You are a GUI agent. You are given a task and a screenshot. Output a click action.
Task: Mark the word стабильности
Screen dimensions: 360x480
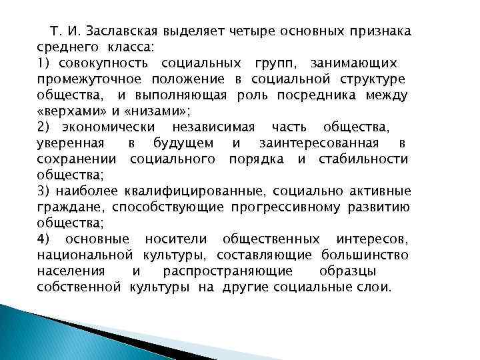[373, 159]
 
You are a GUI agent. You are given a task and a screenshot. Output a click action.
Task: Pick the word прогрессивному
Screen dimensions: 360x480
[286, 207]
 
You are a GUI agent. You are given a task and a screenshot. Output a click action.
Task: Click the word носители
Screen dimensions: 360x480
[177, 239]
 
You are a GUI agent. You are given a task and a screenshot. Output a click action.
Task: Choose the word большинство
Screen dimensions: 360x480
[364, 255]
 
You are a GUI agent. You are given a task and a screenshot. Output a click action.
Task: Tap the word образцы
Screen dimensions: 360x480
[366, 271]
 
